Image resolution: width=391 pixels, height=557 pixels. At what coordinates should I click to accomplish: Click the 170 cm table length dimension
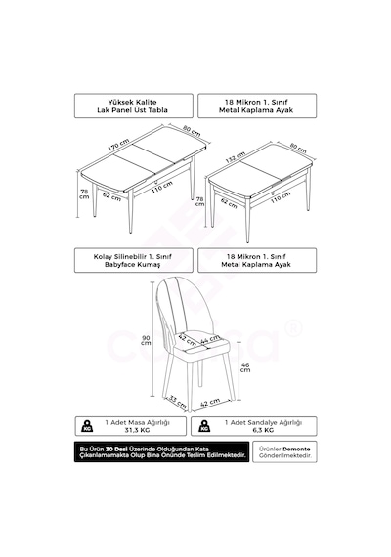119,145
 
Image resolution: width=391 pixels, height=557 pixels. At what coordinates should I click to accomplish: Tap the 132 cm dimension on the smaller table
236,157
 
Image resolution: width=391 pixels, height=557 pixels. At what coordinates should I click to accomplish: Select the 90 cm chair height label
146,340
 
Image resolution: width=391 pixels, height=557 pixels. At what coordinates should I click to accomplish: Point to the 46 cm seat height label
245,367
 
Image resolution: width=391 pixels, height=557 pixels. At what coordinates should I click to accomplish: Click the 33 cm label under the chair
177,402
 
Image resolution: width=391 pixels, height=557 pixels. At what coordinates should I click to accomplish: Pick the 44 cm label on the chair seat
210,340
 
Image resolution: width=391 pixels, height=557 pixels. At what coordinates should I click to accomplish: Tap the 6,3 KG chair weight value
263,430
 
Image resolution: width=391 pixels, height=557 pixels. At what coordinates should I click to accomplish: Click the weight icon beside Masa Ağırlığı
87,426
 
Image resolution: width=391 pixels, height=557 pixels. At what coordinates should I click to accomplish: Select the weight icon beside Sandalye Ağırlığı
204,426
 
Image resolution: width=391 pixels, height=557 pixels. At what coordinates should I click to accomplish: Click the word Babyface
119,265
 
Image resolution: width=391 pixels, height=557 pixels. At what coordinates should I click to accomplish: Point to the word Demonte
296,449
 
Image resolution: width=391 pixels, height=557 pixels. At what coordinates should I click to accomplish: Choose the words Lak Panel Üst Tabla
132,110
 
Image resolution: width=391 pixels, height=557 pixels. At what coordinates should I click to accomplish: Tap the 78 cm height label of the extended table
84,193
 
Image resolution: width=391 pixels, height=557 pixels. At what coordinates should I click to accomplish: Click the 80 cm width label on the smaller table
298,149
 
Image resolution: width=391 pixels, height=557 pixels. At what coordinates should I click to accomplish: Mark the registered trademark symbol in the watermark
293,328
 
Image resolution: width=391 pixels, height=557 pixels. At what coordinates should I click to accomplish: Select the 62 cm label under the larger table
112,196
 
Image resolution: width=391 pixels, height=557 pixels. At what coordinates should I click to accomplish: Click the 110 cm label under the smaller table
281,197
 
